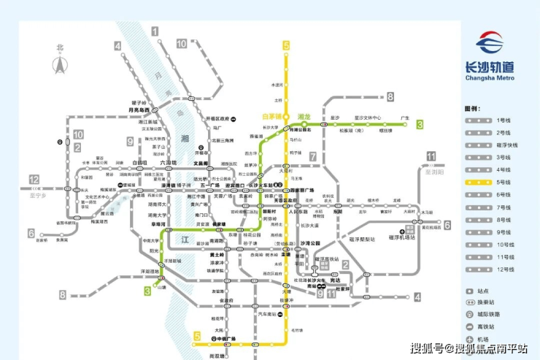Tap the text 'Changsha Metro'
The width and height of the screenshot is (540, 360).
490,77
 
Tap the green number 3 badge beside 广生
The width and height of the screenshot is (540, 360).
420,125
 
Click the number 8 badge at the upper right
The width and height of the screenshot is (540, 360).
390,96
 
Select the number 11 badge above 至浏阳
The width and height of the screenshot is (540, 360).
431,156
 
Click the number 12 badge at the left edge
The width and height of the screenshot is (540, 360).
34,180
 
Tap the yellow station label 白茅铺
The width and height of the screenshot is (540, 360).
271,116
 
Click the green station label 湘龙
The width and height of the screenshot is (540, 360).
304,116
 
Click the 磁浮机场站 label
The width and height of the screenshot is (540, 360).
401,237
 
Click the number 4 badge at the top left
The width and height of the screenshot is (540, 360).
117,45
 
